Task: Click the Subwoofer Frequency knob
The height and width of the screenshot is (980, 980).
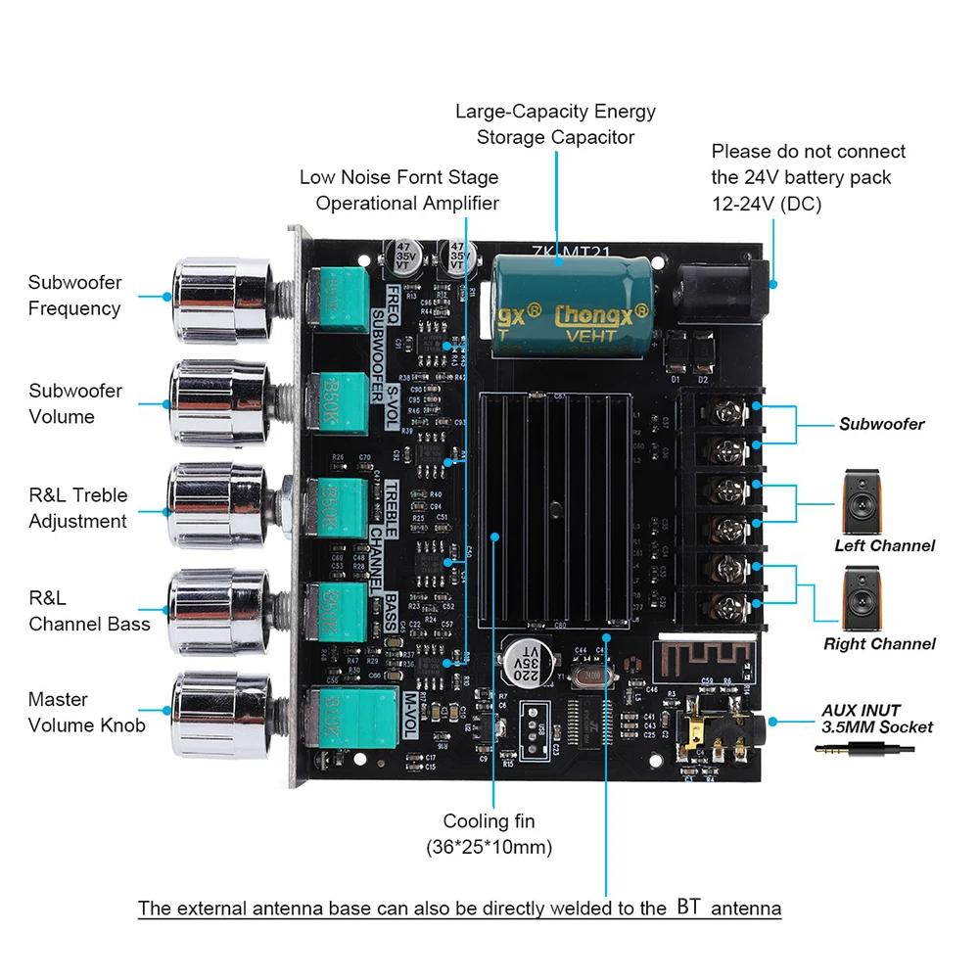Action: coord(217,294)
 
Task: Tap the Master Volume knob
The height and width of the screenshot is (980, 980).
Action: coord(217,712)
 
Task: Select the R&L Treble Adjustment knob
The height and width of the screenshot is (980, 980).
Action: coord(217,506)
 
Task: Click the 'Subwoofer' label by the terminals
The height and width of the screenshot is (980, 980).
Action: coord(881,425)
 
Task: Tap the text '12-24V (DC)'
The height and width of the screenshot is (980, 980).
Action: coord(766,205)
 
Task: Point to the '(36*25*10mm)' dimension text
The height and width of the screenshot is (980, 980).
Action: coord(489,847)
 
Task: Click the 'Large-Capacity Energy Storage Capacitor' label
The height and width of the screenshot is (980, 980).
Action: coord(555,124)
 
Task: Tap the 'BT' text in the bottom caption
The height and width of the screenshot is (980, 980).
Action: coord(688,907)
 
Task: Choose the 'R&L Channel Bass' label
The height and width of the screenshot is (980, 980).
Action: coord(89,611)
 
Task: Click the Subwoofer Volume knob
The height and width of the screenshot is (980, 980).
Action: coord(217,401)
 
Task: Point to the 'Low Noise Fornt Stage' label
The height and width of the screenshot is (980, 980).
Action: coord(398,177)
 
